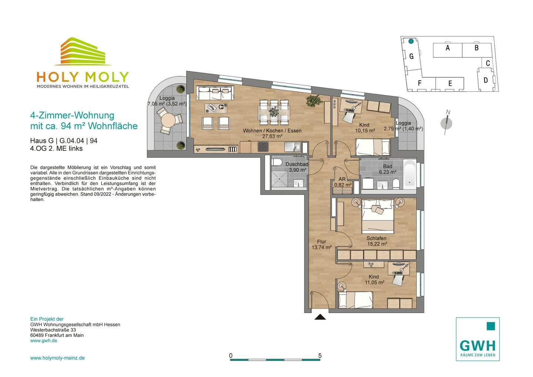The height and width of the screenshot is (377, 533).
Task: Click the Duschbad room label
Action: pos(297,164)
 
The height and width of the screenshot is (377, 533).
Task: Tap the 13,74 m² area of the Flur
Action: pos(322,248)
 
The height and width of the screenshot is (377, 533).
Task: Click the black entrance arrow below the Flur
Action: pos(320,317)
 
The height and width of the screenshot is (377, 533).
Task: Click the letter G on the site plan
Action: pos(412,56)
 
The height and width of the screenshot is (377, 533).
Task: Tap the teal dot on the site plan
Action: pos(411,41)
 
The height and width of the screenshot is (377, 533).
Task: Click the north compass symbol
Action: pos(446,123)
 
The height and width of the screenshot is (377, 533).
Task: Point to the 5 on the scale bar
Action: pos(320,356)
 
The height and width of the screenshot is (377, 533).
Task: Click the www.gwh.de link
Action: pos(44,341)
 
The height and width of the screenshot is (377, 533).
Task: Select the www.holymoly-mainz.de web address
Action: pos(57,358)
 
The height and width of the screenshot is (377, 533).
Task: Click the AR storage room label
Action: pos(342,179)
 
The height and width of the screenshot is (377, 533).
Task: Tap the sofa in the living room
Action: pos(215,93)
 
